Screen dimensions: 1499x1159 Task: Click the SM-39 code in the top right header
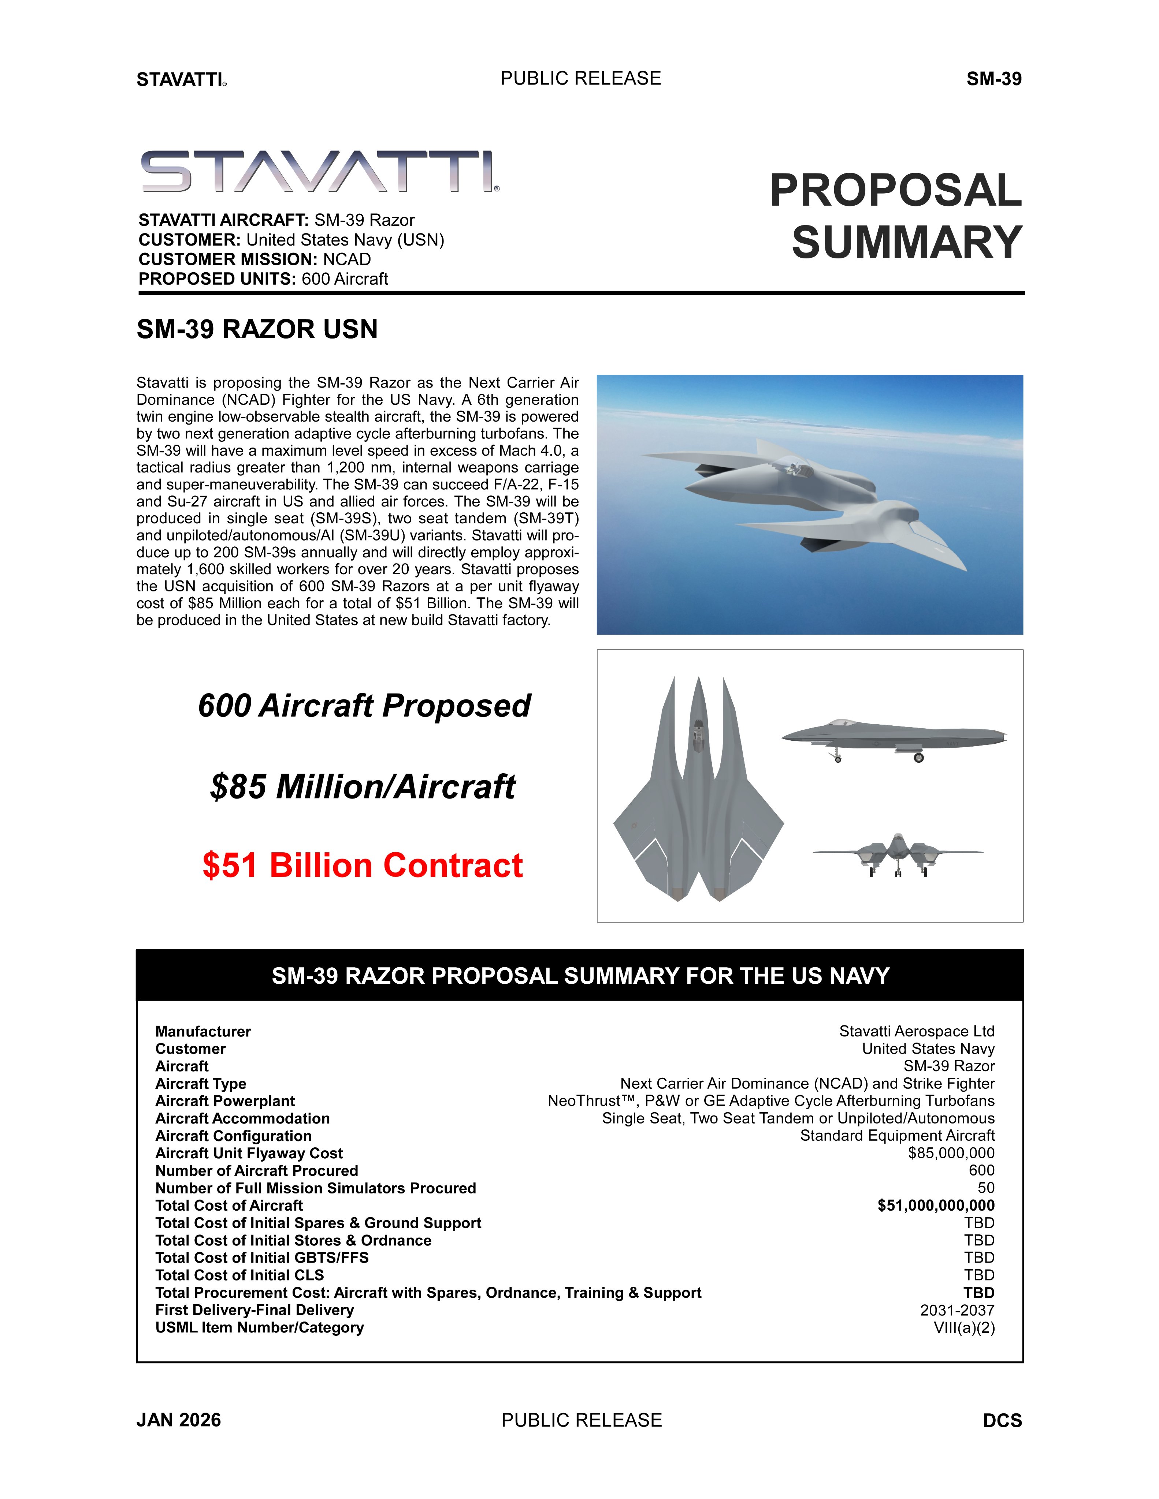coord(993,79)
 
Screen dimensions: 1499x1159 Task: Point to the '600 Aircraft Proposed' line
coord(364,706)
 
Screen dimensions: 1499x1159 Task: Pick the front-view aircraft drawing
coord(898,855)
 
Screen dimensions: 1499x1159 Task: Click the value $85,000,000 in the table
coord(951,1153)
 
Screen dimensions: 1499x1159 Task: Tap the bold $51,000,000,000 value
coord(936,1205)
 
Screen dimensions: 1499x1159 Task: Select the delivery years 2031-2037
coord(957,1310)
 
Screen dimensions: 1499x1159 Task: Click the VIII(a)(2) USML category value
coord(964,1327)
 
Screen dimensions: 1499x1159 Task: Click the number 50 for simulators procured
coord(986,1188)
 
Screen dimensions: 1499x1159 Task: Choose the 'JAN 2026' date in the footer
coord(179,1420)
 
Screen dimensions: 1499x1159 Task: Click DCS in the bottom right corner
coord(1003,1421)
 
